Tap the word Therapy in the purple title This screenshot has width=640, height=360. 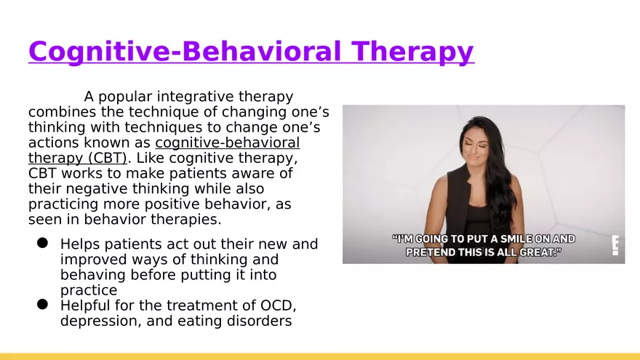(412, 52)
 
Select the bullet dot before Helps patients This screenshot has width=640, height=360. (42, 243)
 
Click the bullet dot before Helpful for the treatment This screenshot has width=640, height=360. (42, 305)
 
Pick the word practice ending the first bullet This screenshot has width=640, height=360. (89, 290)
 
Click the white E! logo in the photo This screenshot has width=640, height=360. (615, 245)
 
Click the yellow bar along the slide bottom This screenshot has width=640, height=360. (320, 357)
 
